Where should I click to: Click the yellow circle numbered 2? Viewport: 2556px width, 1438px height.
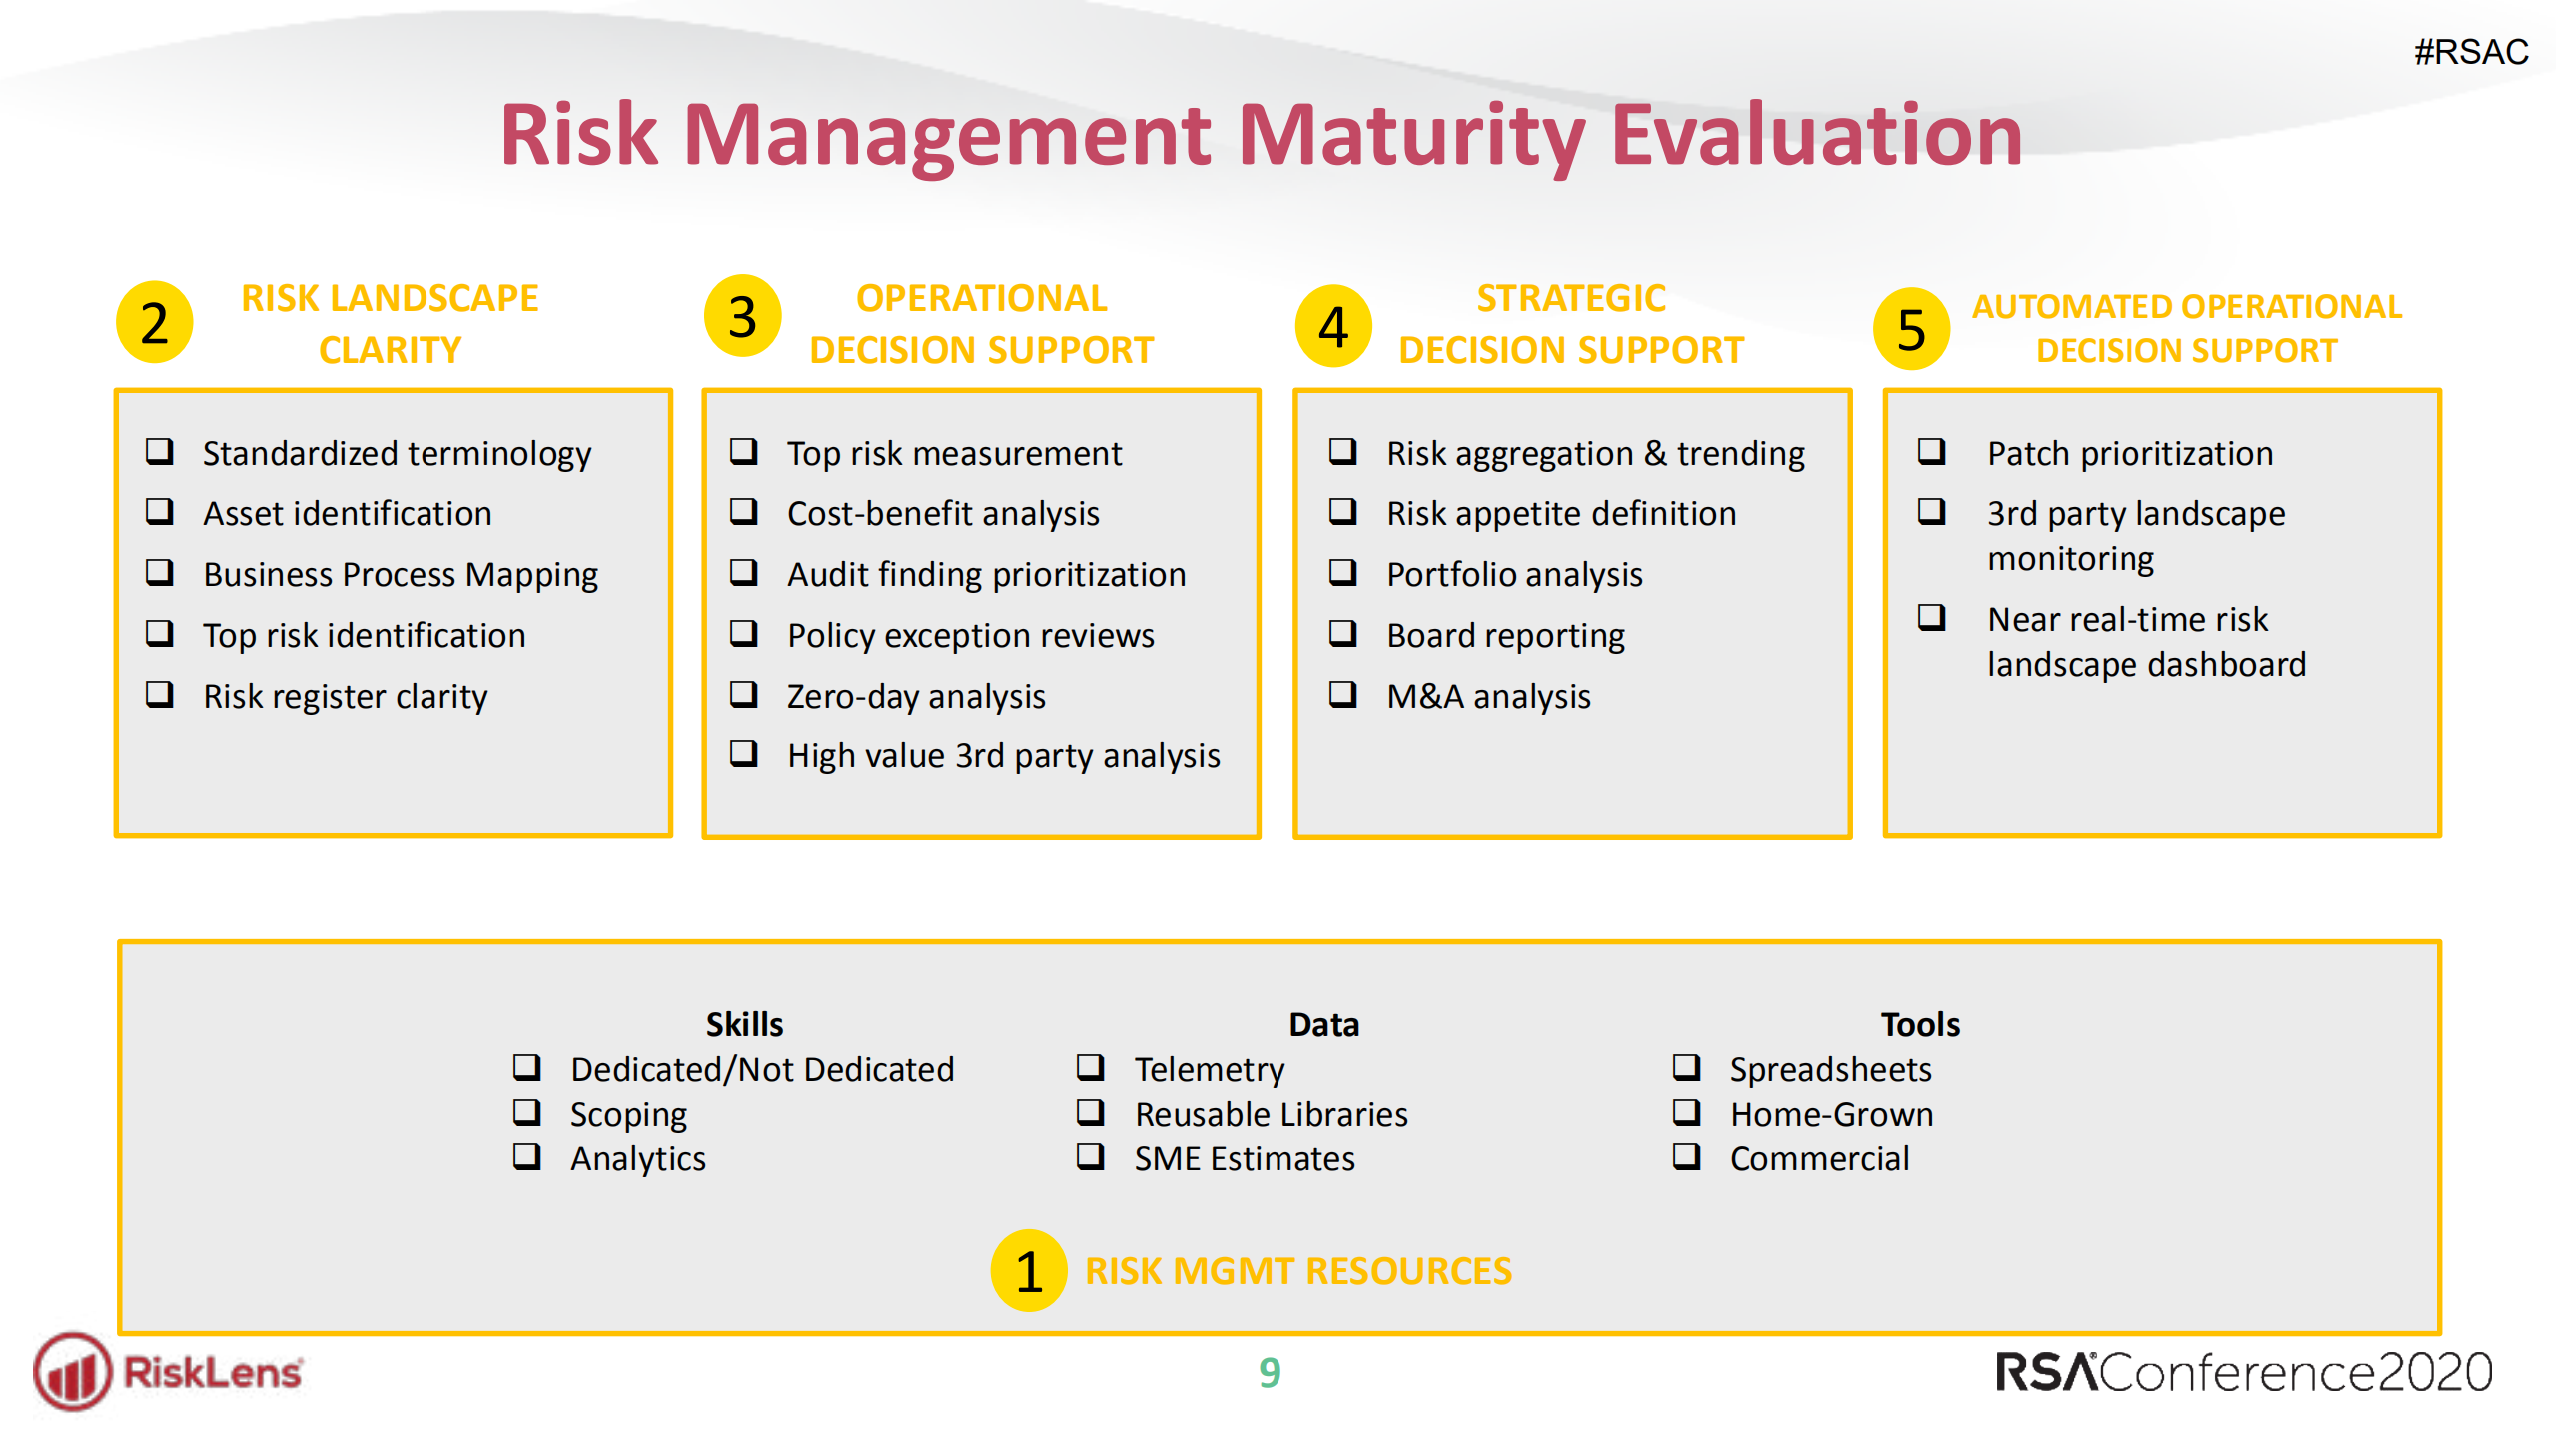point(154,322)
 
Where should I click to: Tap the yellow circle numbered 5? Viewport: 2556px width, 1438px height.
point(1910,329)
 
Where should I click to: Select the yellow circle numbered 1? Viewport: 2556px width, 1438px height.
point(1028,1270)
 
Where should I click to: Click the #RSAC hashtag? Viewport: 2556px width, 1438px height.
point(2470,52)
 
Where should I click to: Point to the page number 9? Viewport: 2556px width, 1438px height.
point(1269,1372)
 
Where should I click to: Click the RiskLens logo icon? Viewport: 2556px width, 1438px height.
point(72,1372)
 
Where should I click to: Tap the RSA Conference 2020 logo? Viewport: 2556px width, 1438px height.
point(2242,1372)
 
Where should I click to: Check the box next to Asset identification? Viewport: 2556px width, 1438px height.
point(160,512)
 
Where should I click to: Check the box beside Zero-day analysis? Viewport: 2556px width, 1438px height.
point(743,694)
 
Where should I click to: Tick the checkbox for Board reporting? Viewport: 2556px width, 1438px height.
point(1342,634)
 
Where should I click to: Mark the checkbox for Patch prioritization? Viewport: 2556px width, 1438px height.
point(1931,451)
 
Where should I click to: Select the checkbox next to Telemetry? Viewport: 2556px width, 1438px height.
point(1090,1067)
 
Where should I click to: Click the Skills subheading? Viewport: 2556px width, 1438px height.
point(744,1024)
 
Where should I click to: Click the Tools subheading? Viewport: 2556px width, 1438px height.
point(1919,1024)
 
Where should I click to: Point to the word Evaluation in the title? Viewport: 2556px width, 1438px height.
point(1816,135)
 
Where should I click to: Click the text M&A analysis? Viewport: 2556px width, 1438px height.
point(1488,696)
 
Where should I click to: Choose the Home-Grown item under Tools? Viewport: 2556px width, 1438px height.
point(1831,1114)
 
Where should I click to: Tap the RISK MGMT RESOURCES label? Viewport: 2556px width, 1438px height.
point(1297,1271)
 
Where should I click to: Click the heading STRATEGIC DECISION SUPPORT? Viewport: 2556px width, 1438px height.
point(1570,324)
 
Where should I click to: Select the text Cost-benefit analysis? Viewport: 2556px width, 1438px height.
point(943,513)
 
